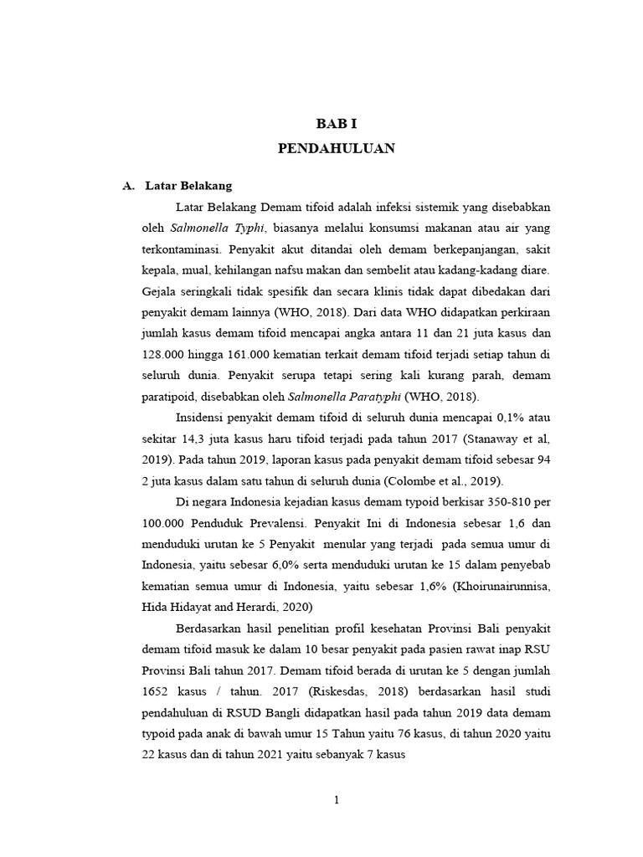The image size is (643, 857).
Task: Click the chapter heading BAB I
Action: pyautogui.click(x=336, y=124)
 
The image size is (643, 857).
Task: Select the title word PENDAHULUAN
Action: pyautogui.click(x=336, y=148)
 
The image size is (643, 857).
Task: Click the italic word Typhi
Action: pyautogui.click(x=249, y=228)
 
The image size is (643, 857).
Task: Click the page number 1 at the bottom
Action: pyautogui.click(x=336, y=801)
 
